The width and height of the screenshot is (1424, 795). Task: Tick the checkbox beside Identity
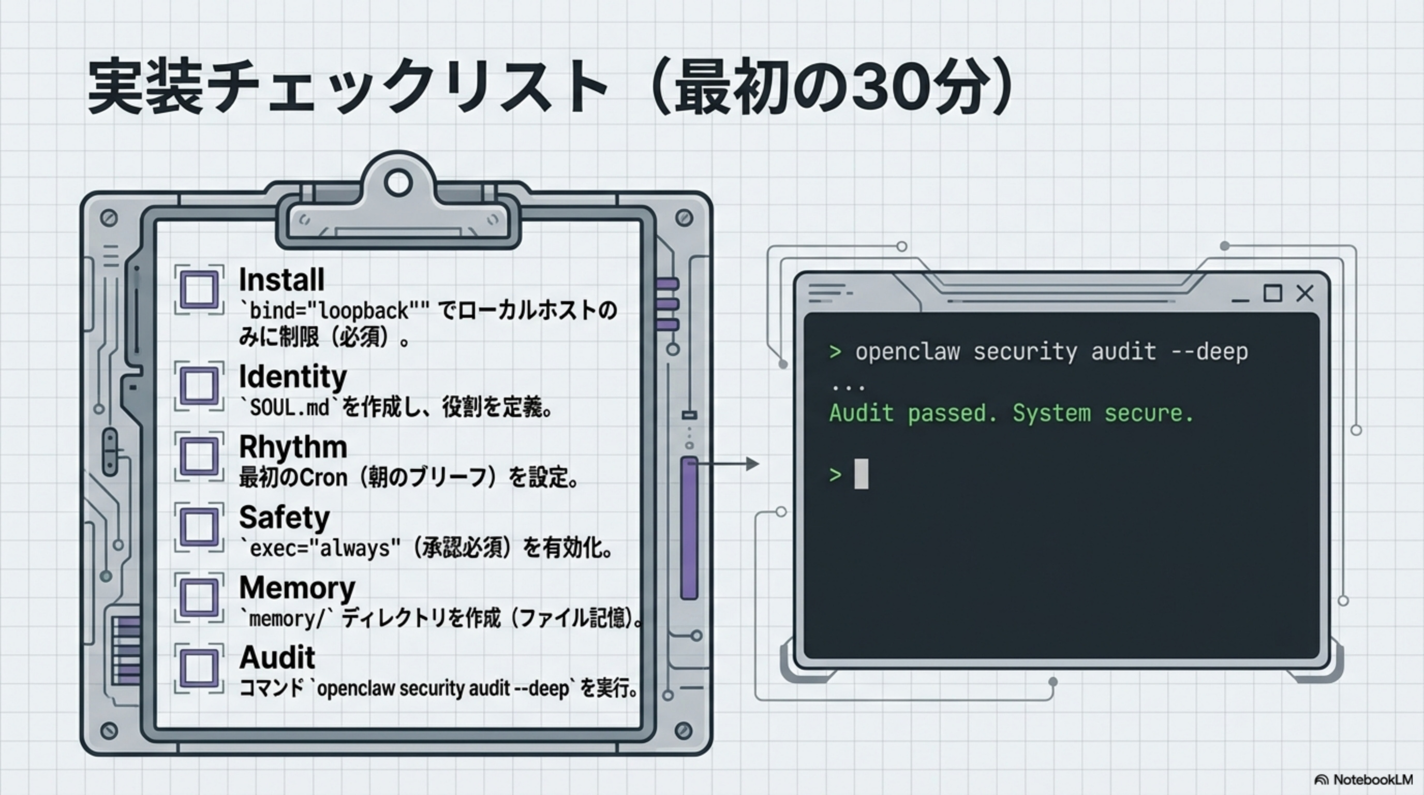(x=199, y=386)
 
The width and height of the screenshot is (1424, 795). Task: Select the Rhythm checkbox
(x=199, y=456)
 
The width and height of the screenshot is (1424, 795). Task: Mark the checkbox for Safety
(x=199, y=526)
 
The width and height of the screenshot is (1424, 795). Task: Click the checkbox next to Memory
(x=199, y=597)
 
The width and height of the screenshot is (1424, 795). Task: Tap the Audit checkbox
(x=199, y=668)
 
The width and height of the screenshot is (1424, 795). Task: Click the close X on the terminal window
(x=1304, y=293)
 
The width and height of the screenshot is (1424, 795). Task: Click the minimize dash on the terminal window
(x=1240, y=300)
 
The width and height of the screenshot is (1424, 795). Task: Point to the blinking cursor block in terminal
(x=861, y=474)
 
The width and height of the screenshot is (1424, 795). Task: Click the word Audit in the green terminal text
(x=861, y=414)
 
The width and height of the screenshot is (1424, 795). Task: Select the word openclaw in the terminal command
(x=907, y=352)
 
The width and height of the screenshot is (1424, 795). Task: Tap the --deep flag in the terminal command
(x=1209, y=352)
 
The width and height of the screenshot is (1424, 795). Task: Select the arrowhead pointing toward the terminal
(x=752, y=464)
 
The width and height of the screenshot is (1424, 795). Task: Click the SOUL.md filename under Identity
(x=289, y=408)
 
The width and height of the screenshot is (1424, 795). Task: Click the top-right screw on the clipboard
(x=685, y=218)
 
